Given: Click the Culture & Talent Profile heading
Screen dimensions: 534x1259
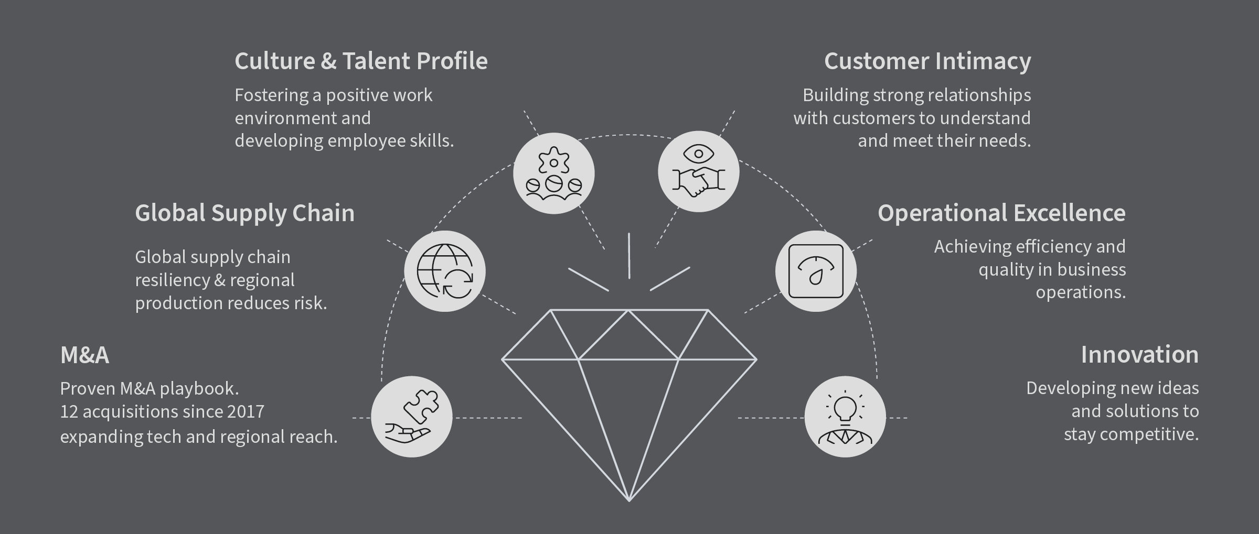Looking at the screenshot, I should [x=361, y=61].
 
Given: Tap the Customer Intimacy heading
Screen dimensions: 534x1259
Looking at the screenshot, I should [x=927, y=61].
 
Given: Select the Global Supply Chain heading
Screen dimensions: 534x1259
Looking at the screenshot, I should [x=244, y=213].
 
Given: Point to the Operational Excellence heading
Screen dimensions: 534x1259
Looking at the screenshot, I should [x=1001, y=213].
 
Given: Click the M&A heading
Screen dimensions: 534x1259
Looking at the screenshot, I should [x=84, y=355].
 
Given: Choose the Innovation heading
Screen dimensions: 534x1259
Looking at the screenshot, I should [x=1139, y=355].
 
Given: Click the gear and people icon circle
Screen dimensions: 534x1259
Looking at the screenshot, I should [x=553, y=173].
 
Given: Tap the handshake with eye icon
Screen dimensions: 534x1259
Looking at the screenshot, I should [x=698, y=172].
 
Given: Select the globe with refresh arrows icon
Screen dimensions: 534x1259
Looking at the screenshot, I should [x=445, y=271].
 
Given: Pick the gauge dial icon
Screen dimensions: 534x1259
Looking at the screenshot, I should [x=816, y=271].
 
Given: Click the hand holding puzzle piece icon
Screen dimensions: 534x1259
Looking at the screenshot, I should [x=412, y=417].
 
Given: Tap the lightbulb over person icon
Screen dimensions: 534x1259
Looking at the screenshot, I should [x=845, y=417].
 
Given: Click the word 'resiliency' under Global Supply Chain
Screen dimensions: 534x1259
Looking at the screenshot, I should [x=172, y=280].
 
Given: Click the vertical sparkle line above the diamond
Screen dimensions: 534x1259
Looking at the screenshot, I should [x=629, y=256].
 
